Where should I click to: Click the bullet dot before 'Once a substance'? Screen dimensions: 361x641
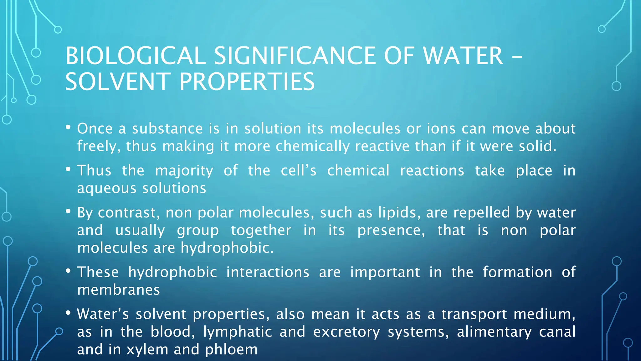tap(68, 127)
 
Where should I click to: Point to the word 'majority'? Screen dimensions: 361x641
tap(184, 171)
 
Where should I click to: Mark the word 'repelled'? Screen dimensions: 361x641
tap(482, 212)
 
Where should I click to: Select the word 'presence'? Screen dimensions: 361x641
tap(391, 230)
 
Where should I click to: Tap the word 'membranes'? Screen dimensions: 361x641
tap(119, 290)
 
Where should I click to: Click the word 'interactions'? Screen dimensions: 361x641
tap(268, 272)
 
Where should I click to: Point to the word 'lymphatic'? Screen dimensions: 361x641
tap(238, 332)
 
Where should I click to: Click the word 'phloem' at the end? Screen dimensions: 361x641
tap(231, 349)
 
